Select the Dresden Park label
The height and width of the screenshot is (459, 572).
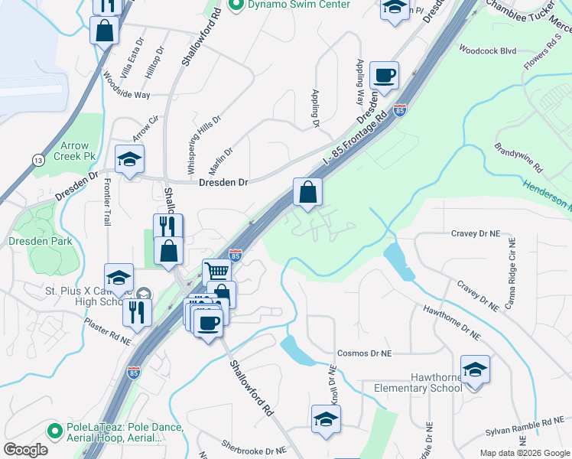40,241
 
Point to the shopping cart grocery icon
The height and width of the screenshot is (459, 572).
217,270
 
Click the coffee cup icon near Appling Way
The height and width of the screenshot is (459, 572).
384,75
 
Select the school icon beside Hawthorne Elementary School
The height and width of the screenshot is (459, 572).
475,369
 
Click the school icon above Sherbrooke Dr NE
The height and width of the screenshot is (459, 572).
326,418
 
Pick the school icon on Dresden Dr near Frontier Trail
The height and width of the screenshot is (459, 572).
129,159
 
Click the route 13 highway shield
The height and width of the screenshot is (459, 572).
37,160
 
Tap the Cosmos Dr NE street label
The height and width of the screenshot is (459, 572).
365,354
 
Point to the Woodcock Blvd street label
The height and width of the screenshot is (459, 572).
487,50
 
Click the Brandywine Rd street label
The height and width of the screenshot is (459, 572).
518,157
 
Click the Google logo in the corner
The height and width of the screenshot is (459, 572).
25,450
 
